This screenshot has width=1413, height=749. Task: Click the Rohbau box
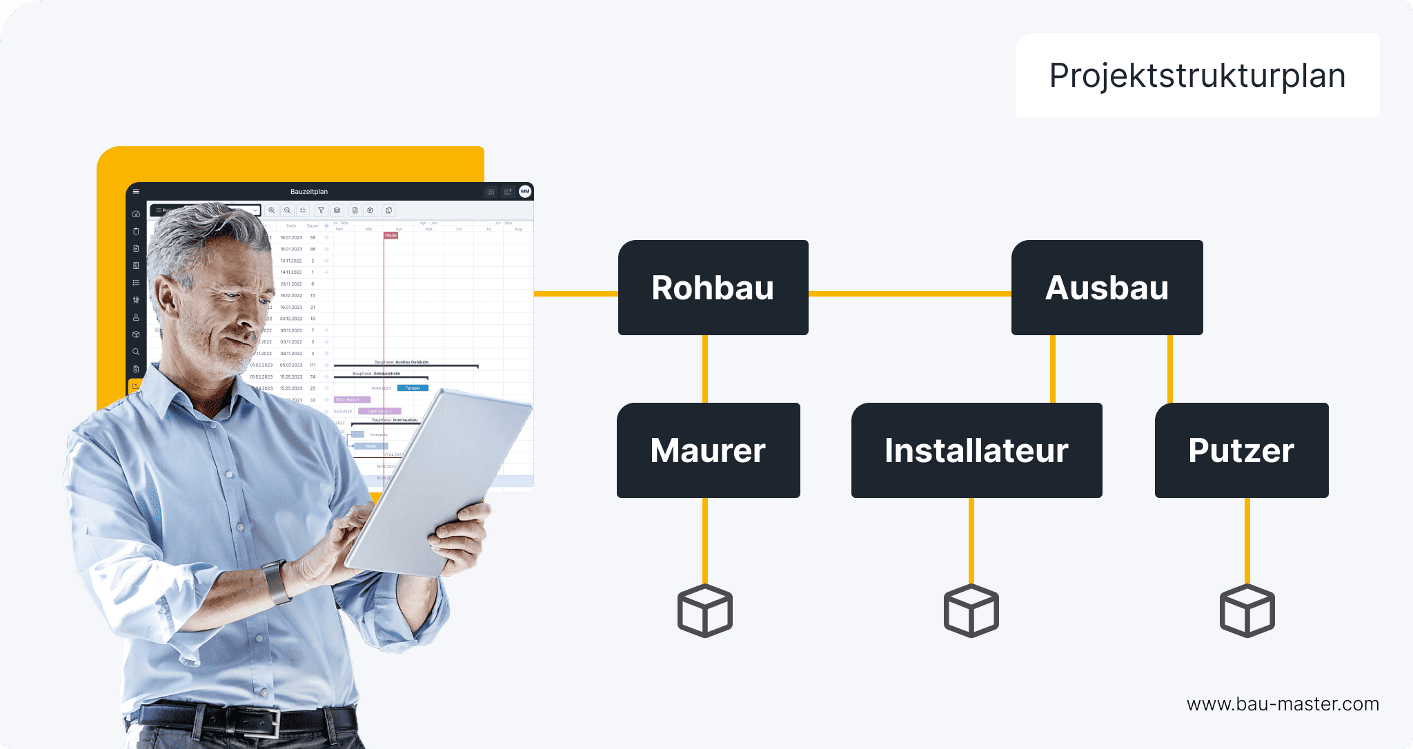(x=713, y=288)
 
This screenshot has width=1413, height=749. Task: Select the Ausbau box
(x=1107, y=288)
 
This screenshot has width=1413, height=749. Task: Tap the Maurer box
(x=708, y=450)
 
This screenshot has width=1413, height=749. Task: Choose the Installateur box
(x=976, y=450)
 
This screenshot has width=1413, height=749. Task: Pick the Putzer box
(x=1241, y=450)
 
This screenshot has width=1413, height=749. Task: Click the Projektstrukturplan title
(x=1197, y=75)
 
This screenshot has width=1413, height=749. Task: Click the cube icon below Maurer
(x=704, y=611)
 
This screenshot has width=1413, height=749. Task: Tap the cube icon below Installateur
(x=971, y=611)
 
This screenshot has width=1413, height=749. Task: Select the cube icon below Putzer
(x=1247, y=611)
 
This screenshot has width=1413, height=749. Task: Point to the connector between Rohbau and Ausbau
(x=909, y=294)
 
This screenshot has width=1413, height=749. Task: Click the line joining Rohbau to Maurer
(x=704, y=369)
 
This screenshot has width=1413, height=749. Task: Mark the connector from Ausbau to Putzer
(x=1169, y=369)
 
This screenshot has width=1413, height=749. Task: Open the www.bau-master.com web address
(x=1282, y=704)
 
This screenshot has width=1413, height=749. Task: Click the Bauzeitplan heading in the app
(x=309, y=192)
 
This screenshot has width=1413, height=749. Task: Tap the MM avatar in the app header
(x=525, y=192)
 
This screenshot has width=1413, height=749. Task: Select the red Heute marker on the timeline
(x=391, y=235)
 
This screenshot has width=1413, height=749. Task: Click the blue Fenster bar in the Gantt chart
(x=413, y=388)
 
